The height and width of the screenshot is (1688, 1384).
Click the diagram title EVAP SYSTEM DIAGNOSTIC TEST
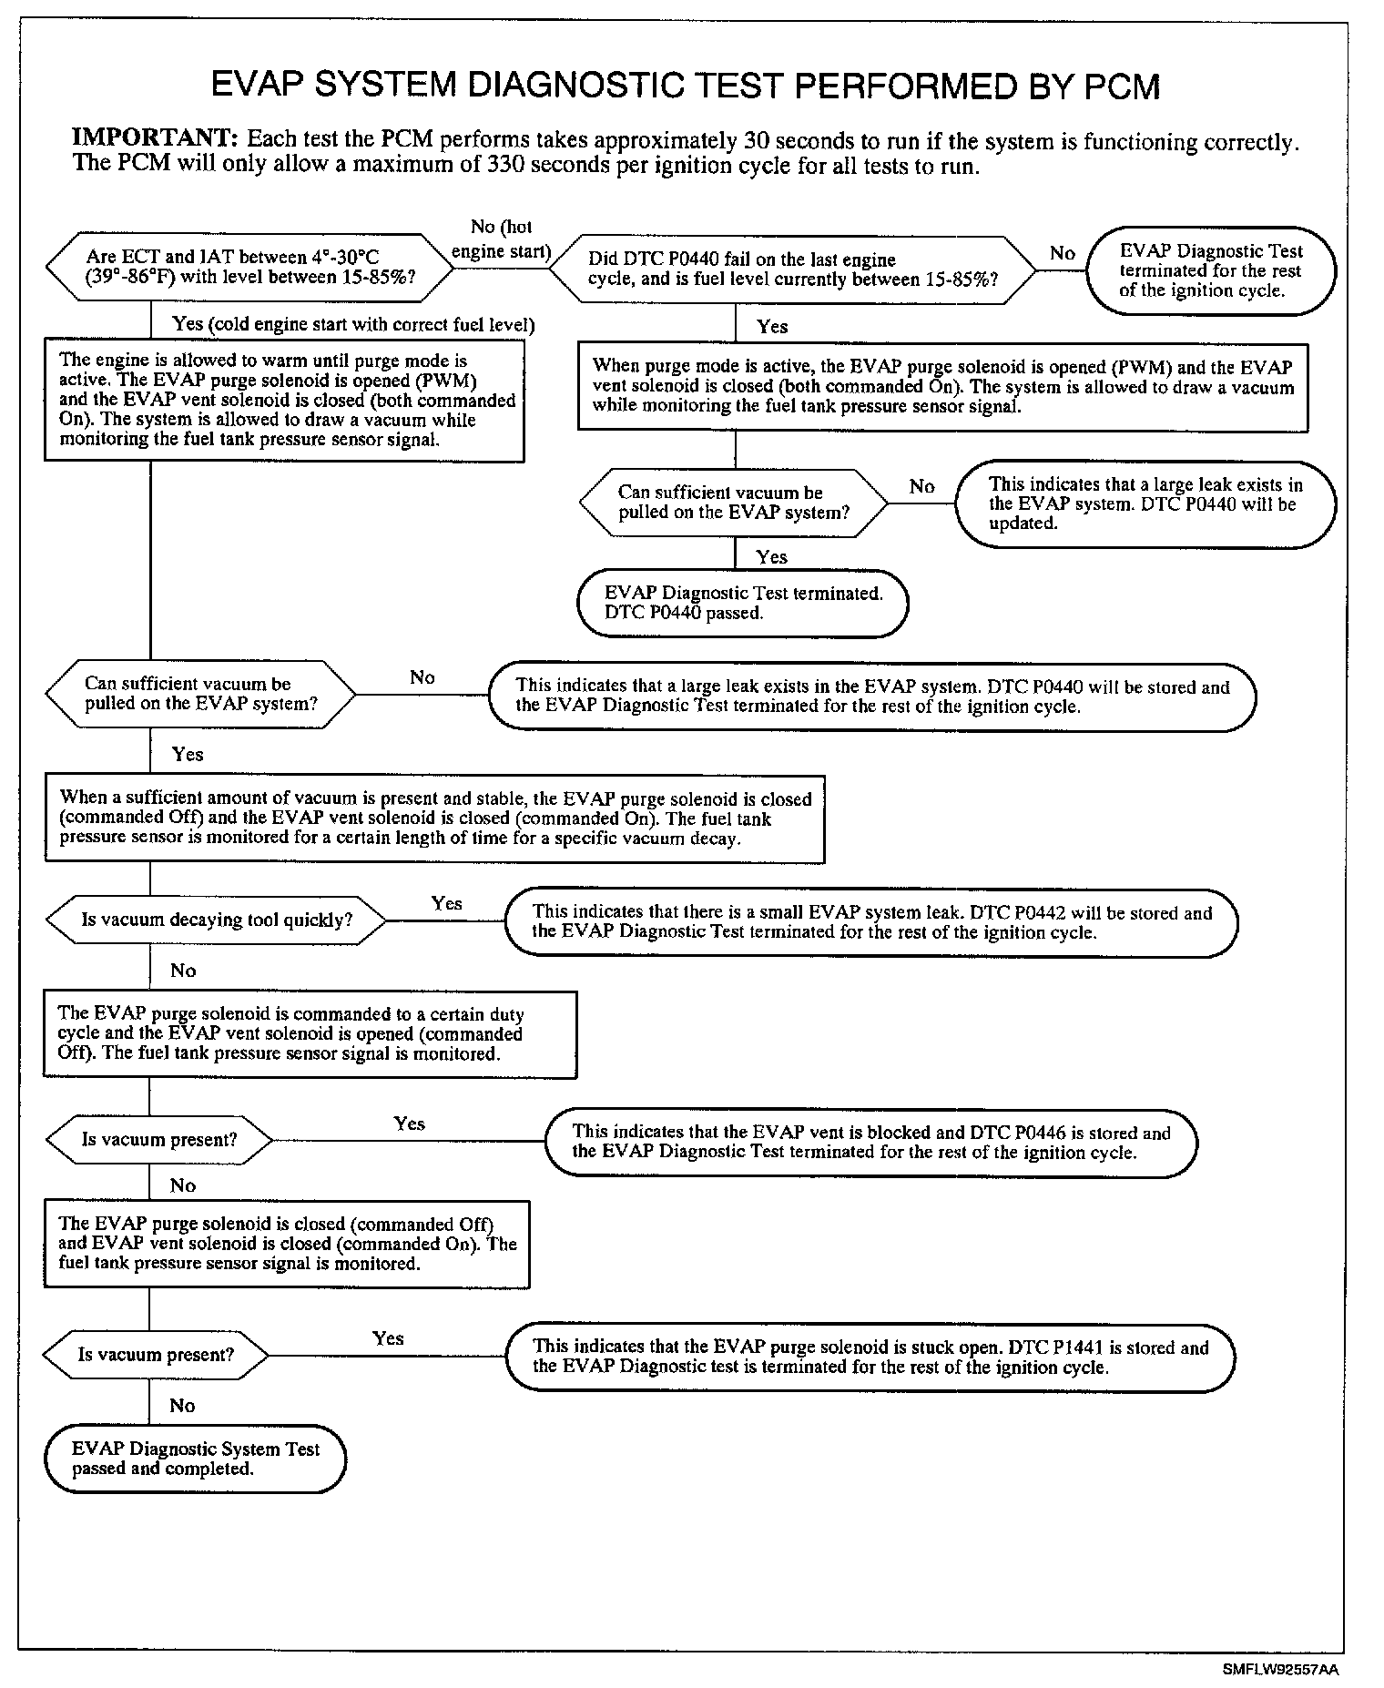pos(685,86)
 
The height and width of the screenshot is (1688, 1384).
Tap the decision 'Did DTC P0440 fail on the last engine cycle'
pos(792,269)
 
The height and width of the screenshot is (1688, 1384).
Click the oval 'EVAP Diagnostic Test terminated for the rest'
pos(1210,271)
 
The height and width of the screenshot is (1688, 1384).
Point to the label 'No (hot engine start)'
pos(501,239)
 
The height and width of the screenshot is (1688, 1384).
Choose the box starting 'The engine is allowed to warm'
pos(284,401)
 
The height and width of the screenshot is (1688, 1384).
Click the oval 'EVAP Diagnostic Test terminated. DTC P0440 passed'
pos(742,603)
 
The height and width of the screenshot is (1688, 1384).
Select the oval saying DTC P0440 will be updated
pos(1145,504)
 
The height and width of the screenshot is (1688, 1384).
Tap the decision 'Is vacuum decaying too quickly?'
pos(216,920)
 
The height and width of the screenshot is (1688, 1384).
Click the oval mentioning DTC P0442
pos(871,922)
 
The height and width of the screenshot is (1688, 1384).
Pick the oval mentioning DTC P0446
pos(870,1143)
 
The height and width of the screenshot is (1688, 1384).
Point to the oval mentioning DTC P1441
pos(870,1358)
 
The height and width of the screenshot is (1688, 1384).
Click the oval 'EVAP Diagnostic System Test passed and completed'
pos(195,1459)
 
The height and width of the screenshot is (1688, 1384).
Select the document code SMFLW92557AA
pos(1280,1670)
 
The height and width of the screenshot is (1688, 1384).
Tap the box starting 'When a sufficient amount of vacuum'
pos(434,819)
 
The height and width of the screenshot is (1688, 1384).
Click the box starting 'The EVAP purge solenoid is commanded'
pos(310,1034)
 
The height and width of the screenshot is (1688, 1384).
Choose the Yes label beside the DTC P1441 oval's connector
pos(388,1338)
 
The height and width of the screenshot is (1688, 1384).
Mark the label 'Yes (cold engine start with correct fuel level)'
pos(353,325)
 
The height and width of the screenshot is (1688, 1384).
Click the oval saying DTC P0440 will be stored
pos(871,697)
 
